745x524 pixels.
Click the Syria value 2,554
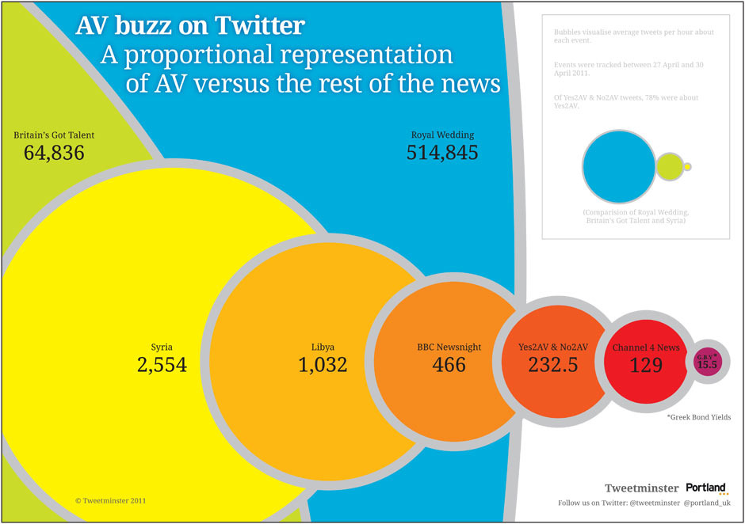[161, 365]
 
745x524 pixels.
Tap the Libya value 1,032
[322, 365]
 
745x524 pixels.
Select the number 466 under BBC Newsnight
[449, 365]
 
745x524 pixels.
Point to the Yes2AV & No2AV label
[553, 347]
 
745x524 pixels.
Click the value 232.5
[553, 365]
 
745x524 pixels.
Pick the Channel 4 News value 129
[646, 365]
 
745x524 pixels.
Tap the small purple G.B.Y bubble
[706, 362]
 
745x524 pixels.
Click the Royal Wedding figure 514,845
[442, 153]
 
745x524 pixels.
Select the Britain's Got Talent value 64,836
[54, 153]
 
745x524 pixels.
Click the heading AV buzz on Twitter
[189, 26]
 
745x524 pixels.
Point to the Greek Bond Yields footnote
[699, 417]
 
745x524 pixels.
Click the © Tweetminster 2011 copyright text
[110, 501]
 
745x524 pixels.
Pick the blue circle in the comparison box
[617, 166]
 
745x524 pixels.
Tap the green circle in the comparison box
[669, 166]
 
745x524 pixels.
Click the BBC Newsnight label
[449, 347]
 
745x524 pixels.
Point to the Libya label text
[322, 347]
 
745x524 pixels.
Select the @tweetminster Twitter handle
[654, 503]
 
